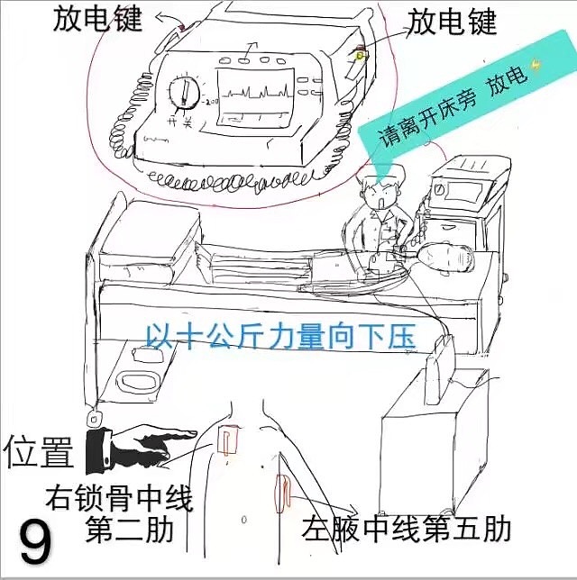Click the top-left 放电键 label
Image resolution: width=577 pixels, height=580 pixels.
98,19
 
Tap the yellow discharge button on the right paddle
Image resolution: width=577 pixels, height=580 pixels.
360,56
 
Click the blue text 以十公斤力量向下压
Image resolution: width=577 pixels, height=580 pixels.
279,337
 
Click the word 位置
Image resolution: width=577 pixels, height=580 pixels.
39,453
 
